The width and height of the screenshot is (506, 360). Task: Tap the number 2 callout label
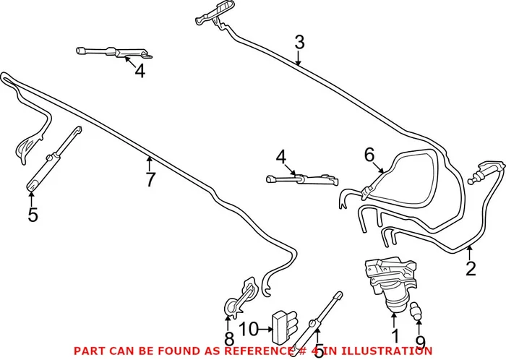[471, 270]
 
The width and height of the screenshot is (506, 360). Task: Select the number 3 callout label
[299, 43]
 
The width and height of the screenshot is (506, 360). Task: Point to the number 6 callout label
[369, 154]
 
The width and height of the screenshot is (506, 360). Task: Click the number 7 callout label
[150, 180]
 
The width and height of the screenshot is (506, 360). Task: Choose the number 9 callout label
[421, 342]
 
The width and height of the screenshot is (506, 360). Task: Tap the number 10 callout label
[249, 330]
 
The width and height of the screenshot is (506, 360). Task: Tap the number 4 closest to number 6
[280, 156]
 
